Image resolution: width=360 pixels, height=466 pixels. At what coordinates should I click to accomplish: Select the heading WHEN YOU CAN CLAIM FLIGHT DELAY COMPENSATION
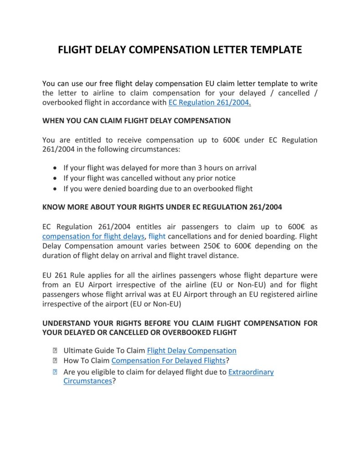pyautogui.click(x=136, y=121)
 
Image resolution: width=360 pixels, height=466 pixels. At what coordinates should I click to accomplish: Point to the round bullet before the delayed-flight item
pyautogui.click(x=56, y=168)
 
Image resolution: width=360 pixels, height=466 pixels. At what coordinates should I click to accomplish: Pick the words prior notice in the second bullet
pyautogui.click(x=215, y=178)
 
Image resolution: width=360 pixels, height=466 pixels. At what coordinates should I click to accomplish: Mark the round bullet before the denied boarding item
pyautogui.click(x=56, y=189)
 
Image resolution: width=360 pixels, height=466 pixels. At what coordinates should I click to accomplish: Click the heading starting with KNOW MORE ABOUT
pyautogui.click(x=162, y=207)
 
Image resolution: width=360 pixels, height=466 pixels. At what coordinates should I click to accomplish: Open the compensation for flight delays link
pyautogui.click(x=93, y=236)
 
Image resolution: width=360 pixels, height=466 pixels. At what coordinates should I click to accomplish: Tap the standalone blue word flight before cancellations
pyautogui.click(x=157, y=236)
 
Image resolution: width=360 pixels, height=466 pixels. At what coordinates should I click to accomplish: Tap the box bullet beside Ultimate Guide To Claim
pyautogui.click(x=55, y=351)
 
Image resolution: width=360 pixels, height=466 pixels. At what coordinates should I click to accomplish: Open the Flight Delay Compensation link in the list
pyautogui.click(x=191, y=351)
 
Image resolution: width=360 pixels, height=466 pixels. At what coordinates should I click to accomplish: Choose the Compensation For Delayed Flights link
pyautogui.click(x=168, y=361)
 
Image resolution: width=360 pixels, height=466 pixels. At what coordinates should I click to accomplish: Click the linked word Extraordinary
pyautogui.click(x=251, y=372)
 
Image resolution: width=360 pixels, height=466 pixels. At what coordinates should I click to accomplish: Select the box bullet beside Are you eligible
pyautogui.click(x=55, y=373)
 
